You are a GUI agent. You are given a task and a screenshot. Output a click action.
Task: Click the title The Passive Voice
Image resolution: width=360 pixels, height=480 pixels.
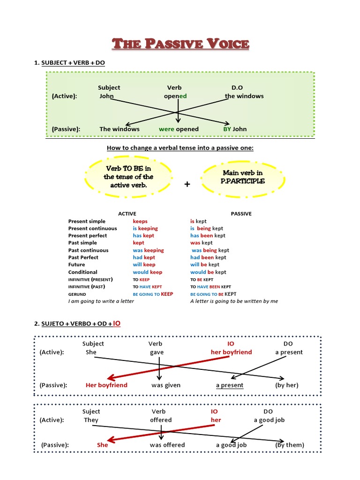tap(180, 44)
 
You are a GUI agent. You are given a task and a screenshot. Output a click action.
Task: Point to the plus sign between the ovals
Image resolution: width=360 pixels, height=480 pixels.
tap(187, 184)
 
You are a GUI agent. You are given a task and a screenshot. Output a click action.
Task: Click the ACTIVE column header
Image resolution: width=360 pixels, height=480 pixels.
tap(127, 214)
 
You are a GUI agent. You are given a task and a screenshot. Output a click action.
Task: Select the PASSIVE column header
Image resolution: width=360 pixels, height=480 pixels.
tap(241, 214)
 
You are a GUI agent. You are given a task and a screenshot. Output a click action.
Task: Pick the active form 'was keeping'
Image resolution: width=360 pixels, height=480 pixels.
tap(148, 250)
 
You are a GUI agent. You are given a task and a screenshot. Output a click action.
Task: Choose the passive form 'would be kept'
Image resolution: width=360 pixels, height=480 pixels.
tap(208, 272)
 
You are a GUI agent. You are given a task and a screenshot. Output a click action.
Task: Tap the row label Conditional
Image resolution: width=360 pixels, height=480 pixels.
tap(82, 272)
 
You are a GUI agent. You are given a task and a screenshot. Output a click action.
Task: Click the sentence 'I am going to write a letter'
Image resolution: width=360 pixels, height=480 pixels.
tap(101, 301)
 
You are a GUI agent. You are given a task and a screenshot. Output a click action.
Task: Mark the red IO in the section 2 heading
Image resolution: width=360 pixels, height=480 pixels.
tap(116, 323)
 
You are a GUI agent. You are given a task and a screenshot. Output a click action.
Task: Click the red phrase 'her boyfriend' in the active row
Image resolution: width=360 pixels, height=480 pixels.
tap(231, 352)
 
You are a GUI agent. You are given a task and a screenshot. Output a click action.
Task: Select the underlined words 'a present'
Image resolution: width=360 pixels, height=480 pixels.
tap(230, 385)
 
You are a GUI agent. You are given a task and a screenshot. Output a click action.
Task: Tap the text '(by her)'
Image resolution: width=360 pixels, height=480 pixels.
tap(287, 385)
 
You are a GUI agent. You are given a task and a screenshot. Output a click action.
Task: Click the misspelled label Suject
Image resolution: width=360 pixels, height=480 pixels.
tap(91, 412)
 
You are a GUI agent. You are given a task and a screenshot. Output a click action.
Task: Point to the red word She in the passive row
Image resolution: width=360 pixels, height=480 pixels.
tap(102, 445)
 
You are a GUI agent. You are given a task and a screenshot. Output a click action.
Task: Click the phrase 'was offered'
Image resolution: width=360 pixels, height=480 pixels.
tap(167, 445)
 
